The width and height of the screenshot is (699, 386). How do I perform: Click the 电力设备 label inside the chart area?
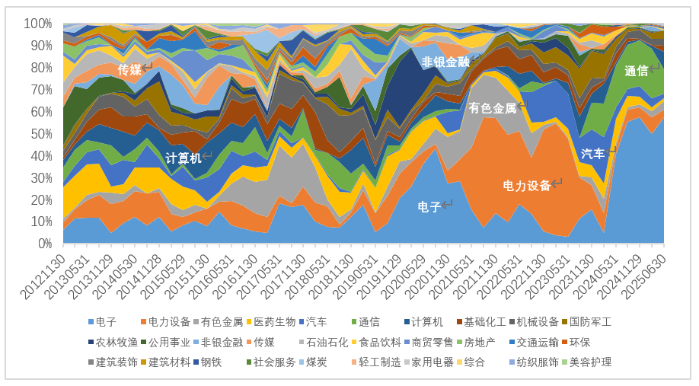point(527,185)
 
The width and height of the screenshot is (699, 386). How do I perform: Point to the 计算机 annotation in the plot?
point(184,158)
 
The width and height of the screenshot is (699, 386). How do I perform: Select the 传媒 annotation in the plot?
point(129,69)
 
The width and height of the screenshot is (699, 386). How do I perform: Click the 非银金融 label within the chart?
point(446,62)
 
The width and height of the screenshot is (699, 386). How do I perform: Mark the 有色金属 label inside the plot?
point(493,107)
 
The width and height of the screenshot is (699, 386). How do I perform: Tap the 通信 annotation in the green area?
point(636,71)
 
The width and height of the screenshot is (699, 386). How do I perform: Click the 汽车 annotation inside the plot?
point(592,153)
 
